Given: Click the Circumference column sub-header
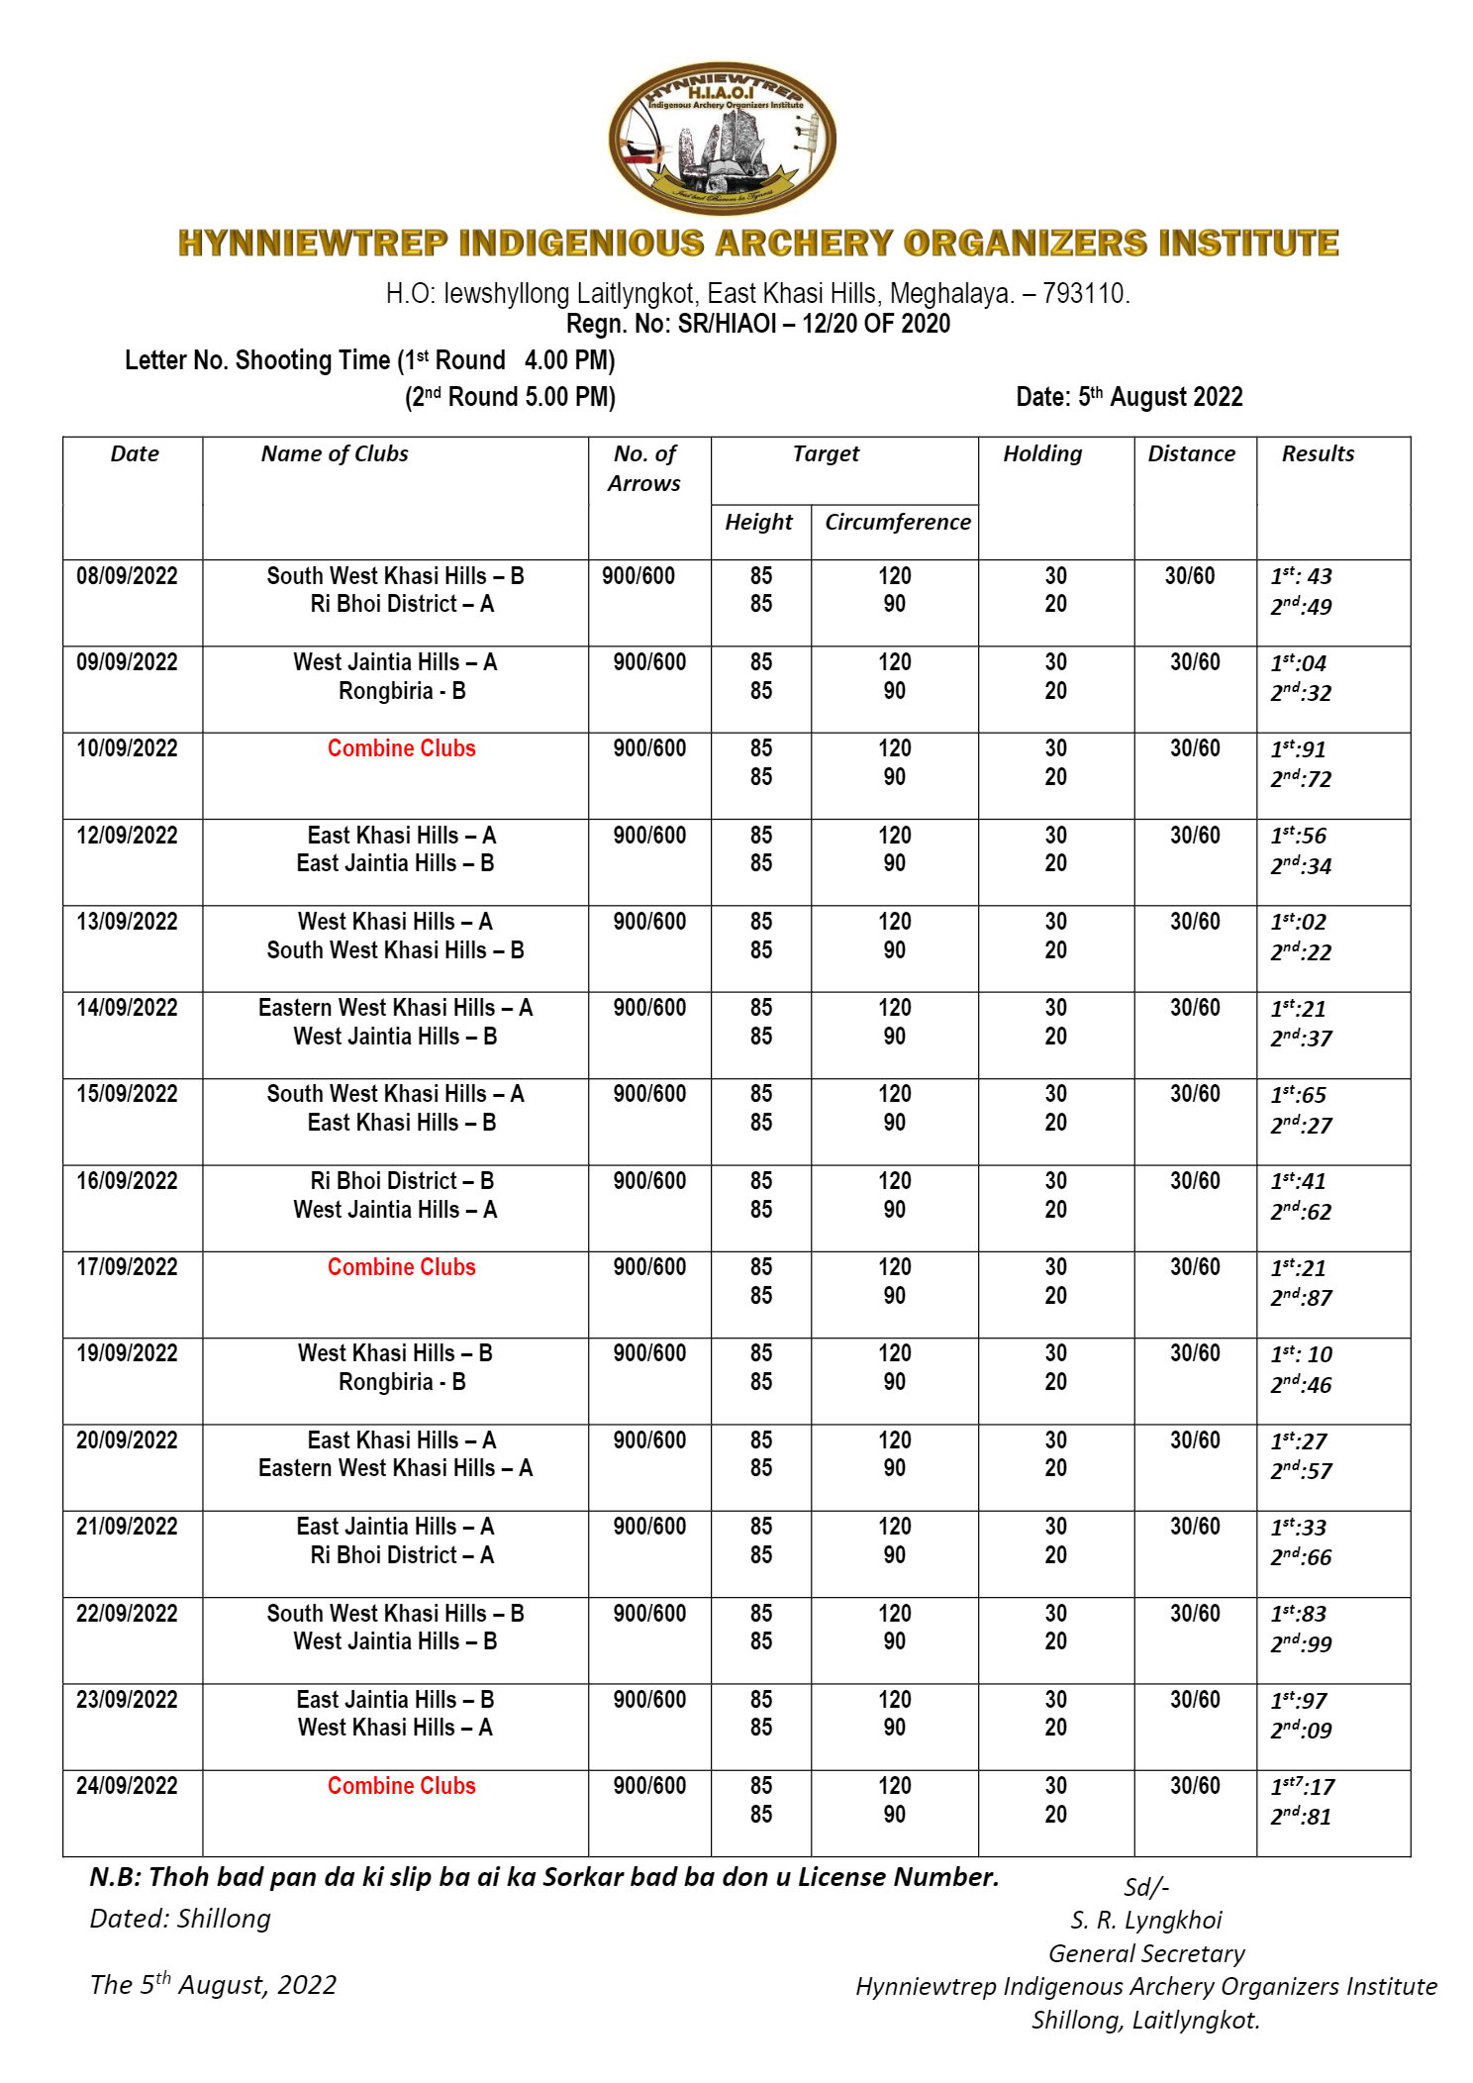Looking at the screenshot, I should click(897, 522).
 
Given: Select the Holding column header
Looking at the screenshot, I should click(1042, 453).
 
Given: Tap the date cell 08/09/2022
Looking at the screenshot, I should click(127, 576).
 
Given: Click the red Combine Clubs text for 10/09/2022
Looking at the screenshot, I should click(401, 748).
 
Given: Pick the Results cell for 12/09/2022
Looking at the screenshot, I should click(1301, 850).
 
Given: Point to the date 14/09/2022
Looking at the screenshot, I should click(127, 1008).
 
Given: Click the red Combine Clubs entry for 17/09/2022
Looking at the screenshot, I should click(401, 1267).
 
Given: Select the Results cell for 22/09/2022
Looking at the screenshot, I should click(1301, 1629).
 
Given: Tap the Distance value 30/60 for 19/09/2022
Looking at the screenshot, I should click(1195, 1353).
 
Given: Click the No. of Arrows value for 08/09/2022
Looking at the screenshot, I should click(638, 576).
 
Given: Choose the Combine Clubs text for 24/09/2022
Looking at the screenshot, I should click(401, 1786).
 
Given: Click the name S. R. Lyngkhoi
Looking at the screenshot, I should click(1145, 1921).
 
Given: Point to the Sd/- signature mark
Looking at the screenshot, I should click(1146, 1887).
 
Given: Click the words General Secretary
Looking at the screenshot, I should click(1146, 1953).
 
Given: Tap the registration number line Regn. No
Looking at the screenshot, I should click(757, 324).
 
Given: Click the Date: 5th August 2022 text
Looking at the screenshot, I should click(1129, 397).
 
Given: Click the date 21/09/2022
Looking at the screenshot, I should click(127, 1527).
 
